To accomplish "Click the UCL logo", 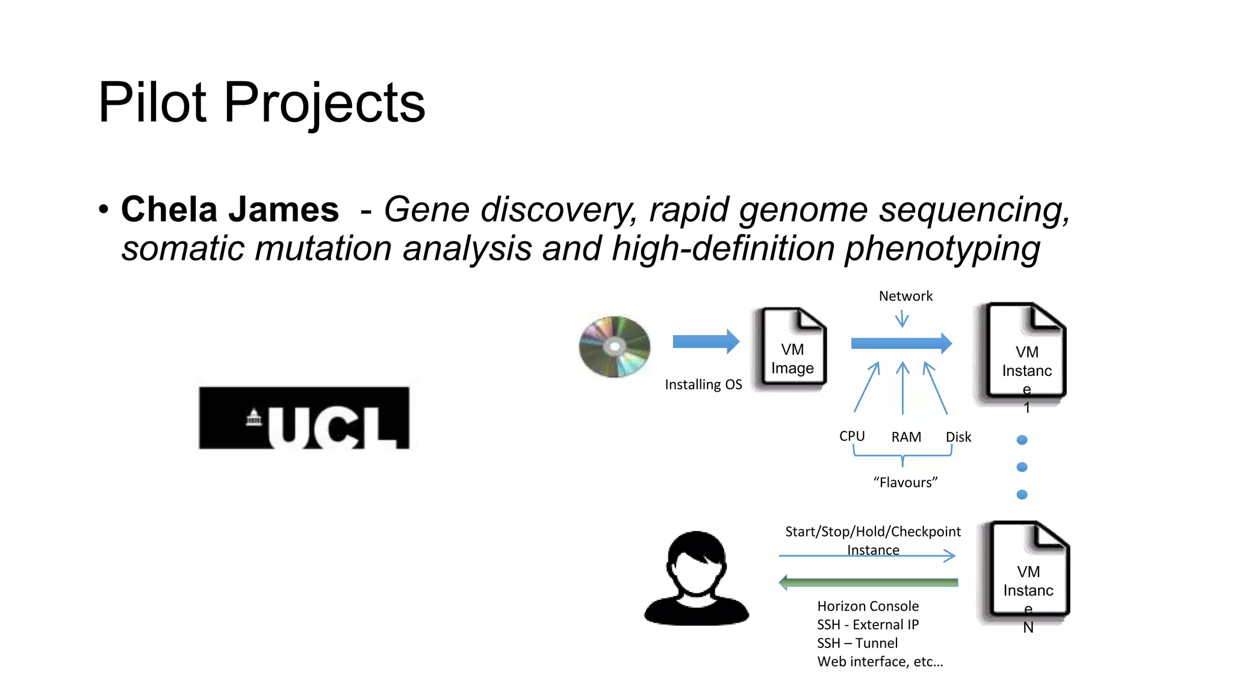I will (x=304, y=417).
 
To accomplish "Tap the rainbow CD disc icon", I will (x=615, y=347).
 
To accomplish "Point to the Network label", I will (x=905, y=296).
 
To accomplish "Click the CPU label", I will (x=851, y=436).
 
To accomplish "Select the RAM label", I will (x=905, y=437).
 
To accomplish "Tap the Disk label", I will (x=958, y=437).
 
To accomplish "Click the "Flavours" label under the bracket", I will (x=905, y=482).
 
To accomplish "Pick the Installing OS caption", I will (x=703, y=384).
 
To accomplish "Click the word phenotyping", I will (x=942, y=249).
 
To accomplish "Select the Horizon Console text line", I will (x=868, y=606).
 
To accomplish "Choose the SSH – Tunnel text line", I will (x=857, y=644).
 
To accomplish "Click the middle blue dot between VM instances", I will (x=1022, y=467).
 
